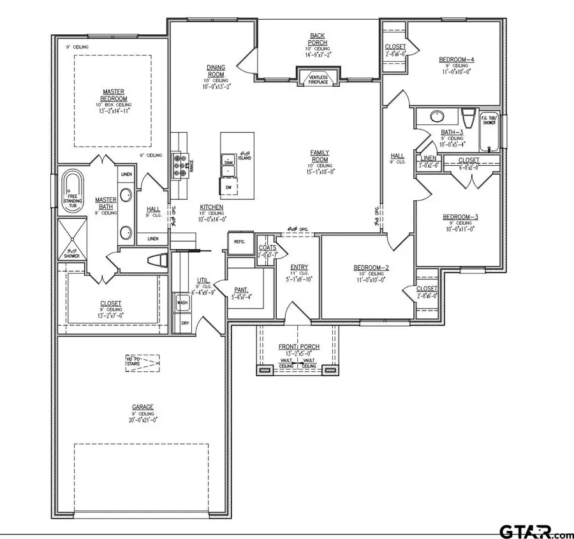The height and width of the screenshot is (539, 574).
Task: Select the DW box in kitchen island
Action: [x=229, y=186]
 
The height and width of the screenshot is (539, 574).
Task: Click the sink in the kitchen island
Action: [x=229, y=163]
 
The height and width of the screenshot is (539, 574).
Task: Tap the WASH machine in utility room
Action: [x=183, y=302]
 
